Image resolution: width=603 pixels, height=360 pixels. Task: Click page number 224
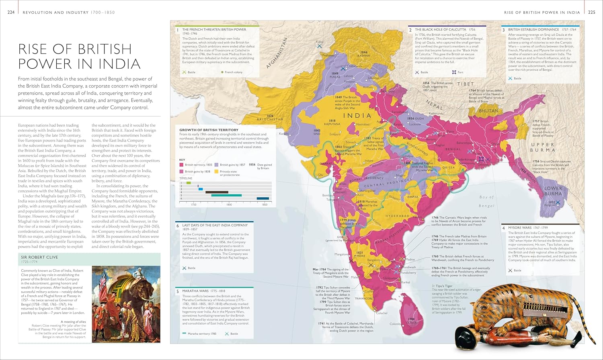tap(11, 12)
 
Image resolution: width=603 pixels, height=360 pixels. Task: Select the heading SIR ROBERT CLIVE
tap(39, 257)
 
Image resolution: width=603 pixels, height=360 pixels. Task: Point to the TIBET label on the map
tap(465, 84)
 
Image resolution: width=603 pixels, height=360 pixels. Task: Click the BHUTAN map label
tap(488, 111)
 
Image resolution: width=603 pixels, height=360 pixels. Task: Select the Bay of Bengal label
tap(486, 201)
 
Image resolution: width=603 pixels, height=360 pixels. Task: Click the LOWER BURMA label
tap(553, 191)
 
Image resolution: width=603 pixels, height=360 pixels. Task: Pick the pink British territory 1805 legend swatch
tap(181, 165)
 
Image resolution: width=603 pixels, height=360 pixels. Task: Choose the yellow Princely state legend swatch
tap(216, 172)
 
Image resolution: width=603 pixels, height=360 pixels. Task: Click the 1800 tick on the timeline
tap(229, 205)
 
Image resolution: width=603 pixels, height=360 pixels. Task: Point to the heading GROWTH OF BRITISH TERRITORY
tap(209, 130)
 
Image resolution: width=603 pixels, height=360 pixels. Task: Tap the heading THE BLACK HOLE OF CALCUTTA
tap(440, 30)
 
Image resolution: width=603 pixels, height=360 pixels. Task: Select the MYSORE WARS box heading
tap(519, 228)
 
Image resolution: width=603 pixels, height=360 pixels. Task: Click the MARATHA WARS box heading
tap(195, 291)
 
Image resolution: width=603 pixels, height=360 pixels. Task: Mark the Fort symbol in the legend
tap(454, 72)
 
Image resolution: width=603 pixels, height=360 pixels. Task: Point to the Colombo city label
tap(395, 324)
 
